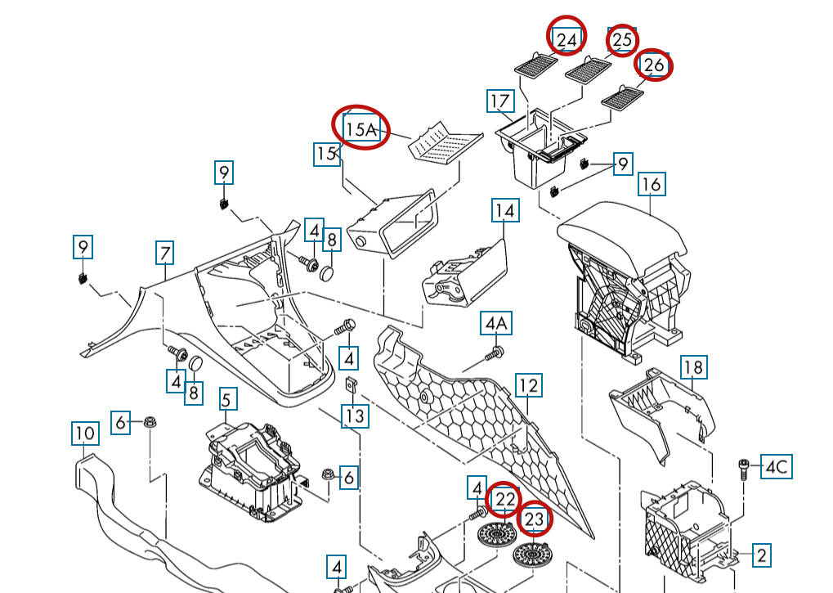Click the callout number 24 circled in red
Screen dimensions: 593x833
pos(567,38)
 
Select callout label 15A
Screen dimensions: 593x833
pos(361,128)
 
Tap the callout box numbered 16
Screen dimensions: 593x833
pos(651,184)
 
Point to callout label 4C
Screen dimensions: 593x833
pos(776,467)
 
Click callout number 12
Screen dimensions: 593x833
pos(529,385)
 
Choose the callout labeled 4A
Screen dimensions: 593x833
pos(496,325)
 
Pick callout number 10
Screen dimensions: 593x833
pos(84,432)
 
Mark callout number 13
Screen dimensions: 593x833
pos(354,416)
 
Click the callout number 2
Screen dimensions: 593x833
pos(761,555)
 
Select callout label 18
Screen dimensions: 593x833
pos(693,367)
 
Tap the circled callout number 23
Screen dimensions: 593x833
pos(534,519)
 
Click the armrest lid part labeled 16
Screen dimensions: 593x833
pos(621,233)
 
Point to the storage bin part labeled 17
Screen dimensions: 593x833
pos(540,151)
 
